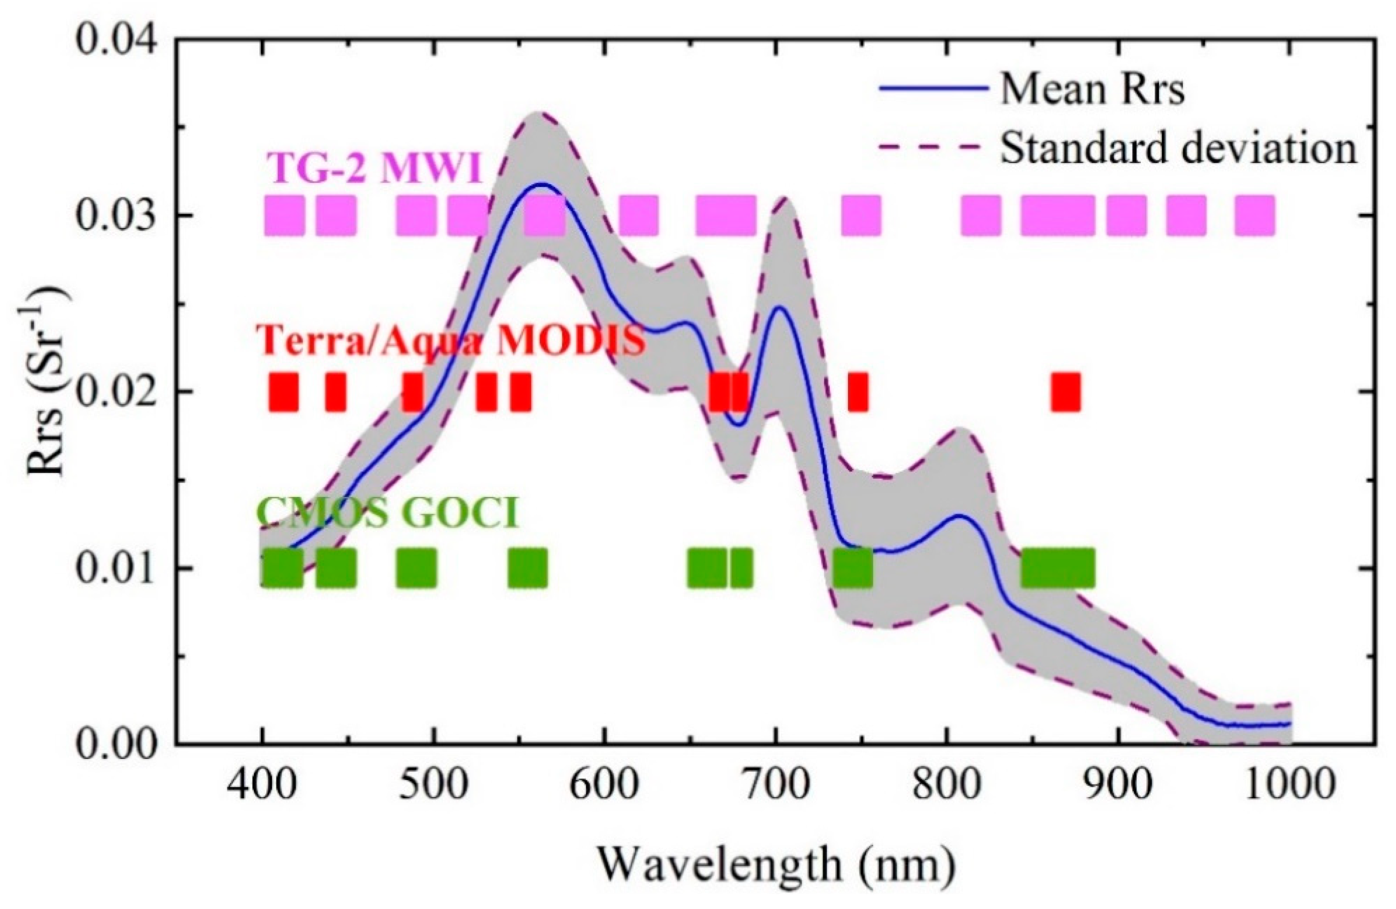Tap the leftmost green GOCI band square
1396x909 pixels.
click(x=282, y=568)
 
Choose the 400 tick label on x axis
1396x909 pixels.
click(x=262, y=786)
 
